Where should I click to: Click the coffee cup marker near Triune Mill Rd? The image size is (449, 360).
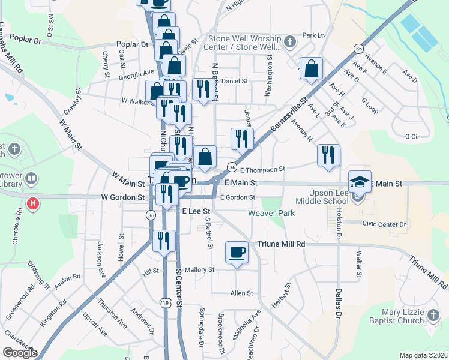[x=237, y=251]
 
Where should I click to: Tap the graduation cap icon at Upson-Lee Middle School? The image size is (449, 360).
[x=360, y=181]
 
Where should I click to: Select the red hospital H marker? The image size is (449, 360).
[x=34, y=203]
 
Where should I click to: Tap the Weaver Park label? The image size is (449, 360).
[x=270, y=213]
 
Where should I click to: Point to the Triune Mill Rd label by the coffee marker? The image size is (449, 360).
[x=281, y=244]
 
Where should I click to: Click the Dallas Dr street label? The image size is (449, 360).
[x=339, y=304]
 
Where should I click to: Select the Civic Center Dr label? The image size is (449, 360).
[x=384, y=224]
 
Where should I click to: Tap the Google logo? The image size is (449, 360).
[x=19, y=353]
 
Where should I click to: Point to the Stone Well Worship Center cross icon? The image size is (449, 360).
[x=290, y=42]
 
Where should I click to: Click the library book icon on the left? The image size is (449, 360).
[x=31, y=178]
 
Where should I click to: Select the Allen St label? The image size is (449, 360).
[x=242, y=293]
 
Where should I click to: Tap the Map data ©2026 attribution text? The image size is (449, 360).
[x=424, y=355]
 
